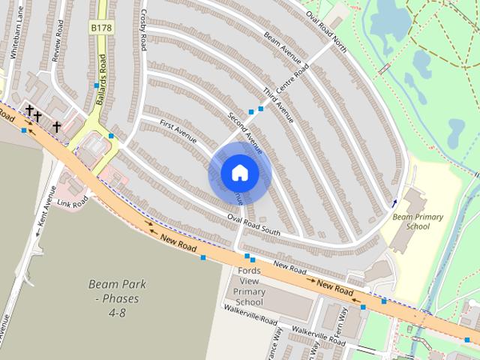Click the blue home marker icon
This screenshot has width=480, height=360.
(x=239, y=173)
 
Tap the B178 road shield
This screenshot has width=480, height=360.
(x=100, y=28)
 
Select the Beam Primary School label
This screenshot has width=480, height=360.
(x=418, y=221)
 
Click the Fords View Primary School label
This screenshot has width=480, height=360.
(x=249, y=286)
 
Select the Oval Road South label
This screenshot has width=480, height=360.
(x=253, y=226)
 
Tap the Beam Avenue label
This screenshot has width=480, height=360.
(x=282, y=47)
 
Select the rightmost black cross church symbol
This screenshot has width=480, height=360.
(x=55, y=127)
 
